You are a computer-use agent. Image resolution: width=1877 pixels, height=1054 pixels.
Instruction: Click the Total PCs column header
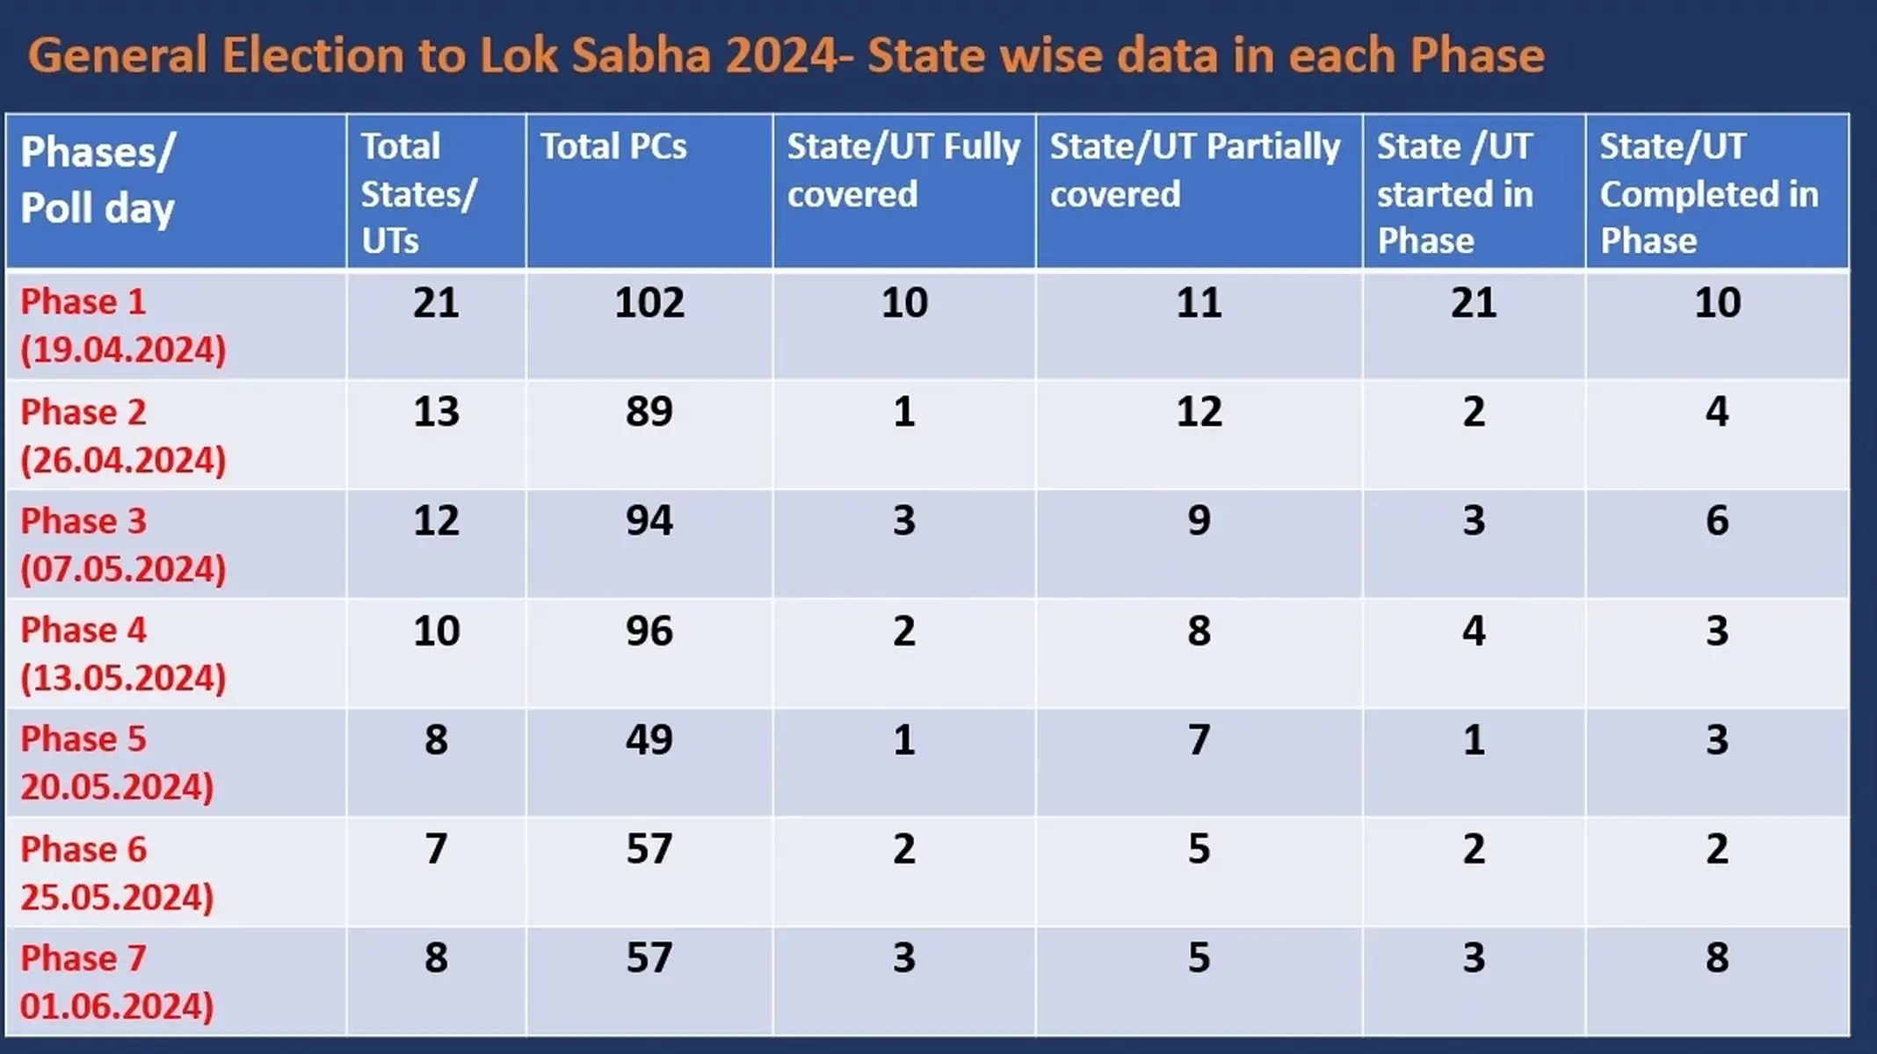613,147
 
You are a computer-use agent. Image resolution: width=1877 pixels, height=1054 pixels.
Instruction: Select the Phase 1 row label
83,302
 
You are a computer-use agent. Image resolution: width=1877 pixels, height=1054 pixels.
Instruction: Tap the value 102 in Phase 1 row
649,303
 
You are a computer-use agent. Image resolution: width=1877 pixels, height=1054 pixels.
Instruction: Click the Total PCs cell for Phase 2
649,412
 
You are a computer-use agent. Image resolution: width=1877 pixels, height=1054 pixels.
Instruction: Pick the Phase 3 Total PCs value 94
649,521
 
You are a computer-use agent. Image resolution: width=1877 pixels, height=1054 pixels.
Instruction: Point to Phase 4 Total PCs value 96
649,631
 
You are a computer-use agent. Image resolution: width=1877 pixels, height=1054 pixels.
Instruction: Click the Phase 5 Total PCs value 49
649,740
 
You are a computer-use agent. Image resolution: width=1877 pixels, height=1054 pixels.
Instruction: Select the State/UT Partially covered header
1195,170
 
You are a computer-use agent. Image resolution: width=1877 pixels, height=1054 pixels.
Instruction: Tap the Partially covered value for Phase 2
1199,412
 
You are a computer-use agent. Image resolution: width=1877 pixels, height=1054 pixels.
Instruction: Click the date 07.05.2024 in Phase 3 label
123,569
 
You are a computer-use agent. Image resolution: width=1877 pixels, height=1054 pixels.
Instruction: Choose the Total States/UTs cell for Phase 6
436,848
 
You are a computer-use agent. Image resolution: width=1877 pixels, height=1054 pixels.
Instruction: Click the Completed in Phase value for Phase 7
1716,957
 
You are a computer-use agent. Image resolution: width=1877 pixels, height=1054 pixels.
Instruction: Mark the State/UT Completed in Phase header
1708,193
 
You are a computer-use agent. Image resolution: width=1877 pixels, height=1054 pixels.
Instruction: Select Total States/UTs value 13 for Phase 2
436,412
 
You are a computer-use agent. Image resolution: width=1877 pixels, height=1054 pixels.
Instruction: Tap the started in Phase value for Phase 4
1473,631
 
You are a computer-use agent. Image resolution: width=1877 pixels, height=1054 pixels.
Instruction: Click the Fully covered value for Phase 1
903,303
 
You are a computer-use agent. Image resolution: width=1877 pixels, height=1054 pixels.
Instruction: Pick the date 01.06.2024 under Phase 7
116,1006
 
